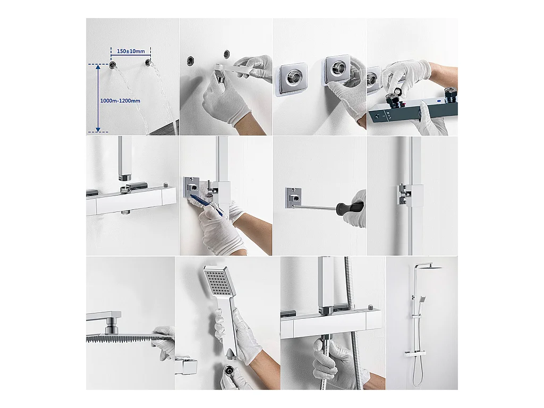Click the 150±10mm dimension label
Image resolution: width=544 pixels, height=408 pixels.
(131, 52)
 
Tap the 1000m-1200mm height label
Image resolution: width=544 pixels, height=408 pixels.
(120, 101)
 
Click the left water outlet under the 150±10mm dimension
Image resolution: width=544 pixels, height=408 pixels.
(113, 65)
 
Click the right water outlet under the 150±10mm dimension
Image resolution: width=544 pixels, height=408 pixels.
(148, 63)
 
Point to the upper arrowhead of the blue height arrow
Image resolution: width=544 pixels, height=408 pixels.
(98, 67)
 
